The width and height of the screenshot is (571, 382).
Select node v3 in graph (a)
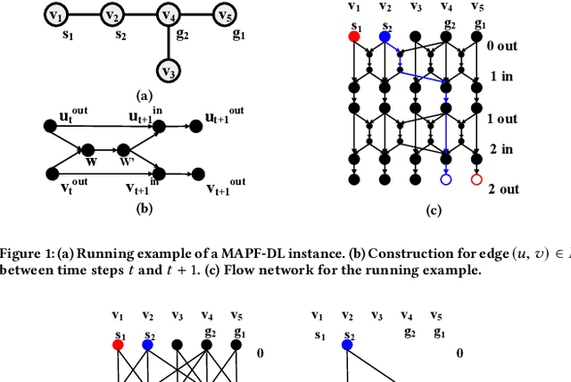(x=167, y=69)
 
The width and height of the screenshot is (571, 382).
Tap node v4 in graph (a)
(x=167, y=15)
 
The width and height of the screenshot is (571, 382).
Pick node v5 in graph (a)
(x=224, y=15)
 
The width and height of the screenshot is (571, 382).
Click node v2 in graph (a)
(x=112, y=15)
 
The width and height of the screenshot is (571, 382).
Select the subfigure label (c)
(x=433, y=211)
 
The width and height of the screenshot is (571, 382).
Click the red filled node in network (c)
(x=354, y=37)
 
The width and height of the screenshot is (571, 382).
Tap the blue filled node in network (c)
(x=385, y=37)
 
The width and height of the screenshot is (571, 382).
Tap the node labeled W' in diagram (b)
(x=126, y=149)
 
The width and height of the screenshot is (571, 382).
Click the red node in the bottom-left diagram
(x=117, y=343)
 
